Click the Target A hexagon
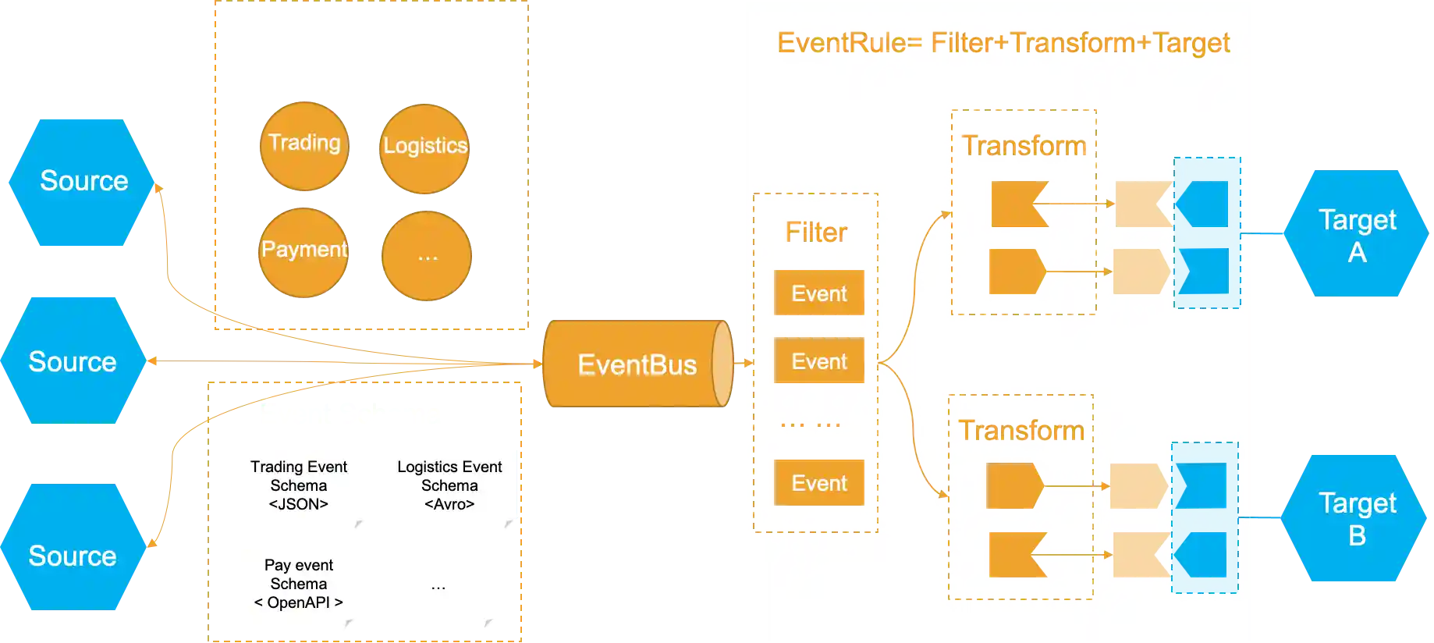pyautogui.click(x=1356, y=235)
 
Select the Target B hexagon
pyautogui.click(x=1356, y=518)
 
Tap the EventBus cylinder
pyautogui.click(x=637, y=364)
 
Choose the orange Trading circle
pyautogui.click(x=303, y=146)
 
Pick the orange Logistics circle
pyautogui.click(x=425, y=148)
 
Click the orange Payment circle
pyautogui.click(x=303, y=252)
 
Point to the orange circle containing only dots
pyautogui.click(x=427, y=256)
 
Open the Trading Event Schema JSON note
pyautogui.click(x=300, y=491)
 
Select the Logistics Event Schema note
pyautogui.click(x=449, y=491)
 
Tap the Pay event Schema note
pyautogui.click(x=300, y=591)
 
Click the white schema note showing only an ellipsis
pyautogui.click(x=437, y=591)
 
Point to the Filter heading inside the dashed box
pyautogui.click(x=816, y=233)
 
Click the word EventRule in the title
pyautogui.click(x=841, y=42)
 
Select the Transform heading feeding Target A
pyautogui.click(x=1024, y=146)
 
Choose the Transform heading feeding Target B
pyautogui.click(x=1021, y=431)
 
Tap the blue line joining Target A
pyautogui.click(x=1262, y=234)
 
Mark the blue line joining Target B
pyautogui.click(x=1260, y=517)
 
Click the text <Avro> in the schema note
pyautogui.click(x=449, y=505)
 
